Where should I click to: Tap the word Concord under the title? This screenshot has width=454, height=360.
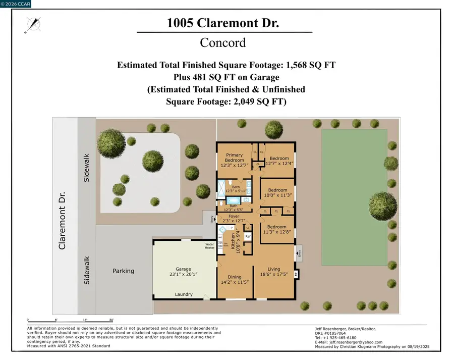point(223,42)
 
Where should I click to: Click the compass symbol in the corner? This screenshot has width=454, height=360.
point(34,24)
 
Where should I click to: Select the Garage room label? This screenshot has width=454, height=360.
point(183,269)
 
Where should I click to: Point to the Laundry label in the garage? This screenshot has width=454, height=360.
point(183,294)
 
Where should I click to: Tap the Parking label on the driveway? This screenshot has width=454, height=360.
point(124,271)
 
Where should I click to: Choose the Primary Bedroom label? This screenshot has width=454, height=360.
point(235,158)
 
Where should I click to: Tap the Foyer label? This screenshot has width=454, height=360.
point(234,216)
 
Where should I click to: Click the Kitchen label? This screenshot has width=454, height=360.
point(233,242)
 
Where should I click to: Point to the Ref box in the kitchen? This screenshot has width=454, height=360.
point(248,236)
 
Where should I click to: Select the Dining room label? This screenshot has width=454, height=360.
point(235,277)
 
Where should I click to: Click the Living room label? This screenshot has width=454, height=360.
point(273,269)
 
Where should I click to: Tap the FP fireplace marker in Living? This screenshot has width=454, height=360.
point(296,275)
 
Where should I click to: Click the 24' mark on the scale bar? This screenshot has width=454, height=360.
point(111,320)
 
